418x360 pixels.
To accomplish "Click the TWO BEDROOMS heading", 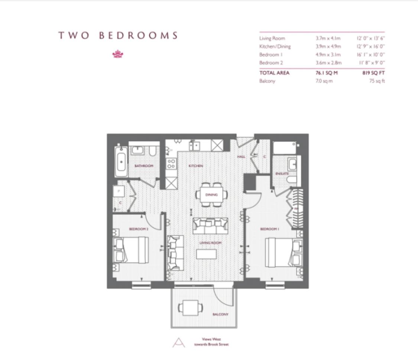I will [x=118, y=36].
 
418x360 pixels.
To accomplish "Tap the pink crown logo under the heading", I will [x=118, y=54].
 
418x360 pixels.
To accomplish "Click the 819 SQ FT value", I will [x=373, y=73].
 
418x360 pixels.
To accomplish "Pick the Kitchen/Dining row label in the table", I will [x=275, y=46].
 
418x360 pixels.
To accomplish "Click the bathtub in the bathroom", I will [x=121, y=162].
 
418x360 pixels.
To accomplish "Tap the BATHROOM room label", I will [x=144, y=166].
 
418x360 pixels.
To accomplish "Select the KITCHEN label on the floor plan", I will [x=195, y=166].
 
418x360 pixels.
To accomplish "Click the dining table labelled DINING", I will [x=211, y=194].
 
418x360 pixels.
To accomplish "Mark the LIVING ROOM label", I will [x=210, y=243].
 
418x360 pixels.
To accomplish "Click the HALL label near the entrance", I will [x=241, y=157].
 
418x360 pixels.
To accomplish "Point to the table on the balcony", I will [x=191, y=308].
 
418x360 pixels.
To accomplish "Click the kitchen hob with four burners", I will [x=171, y=164].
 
